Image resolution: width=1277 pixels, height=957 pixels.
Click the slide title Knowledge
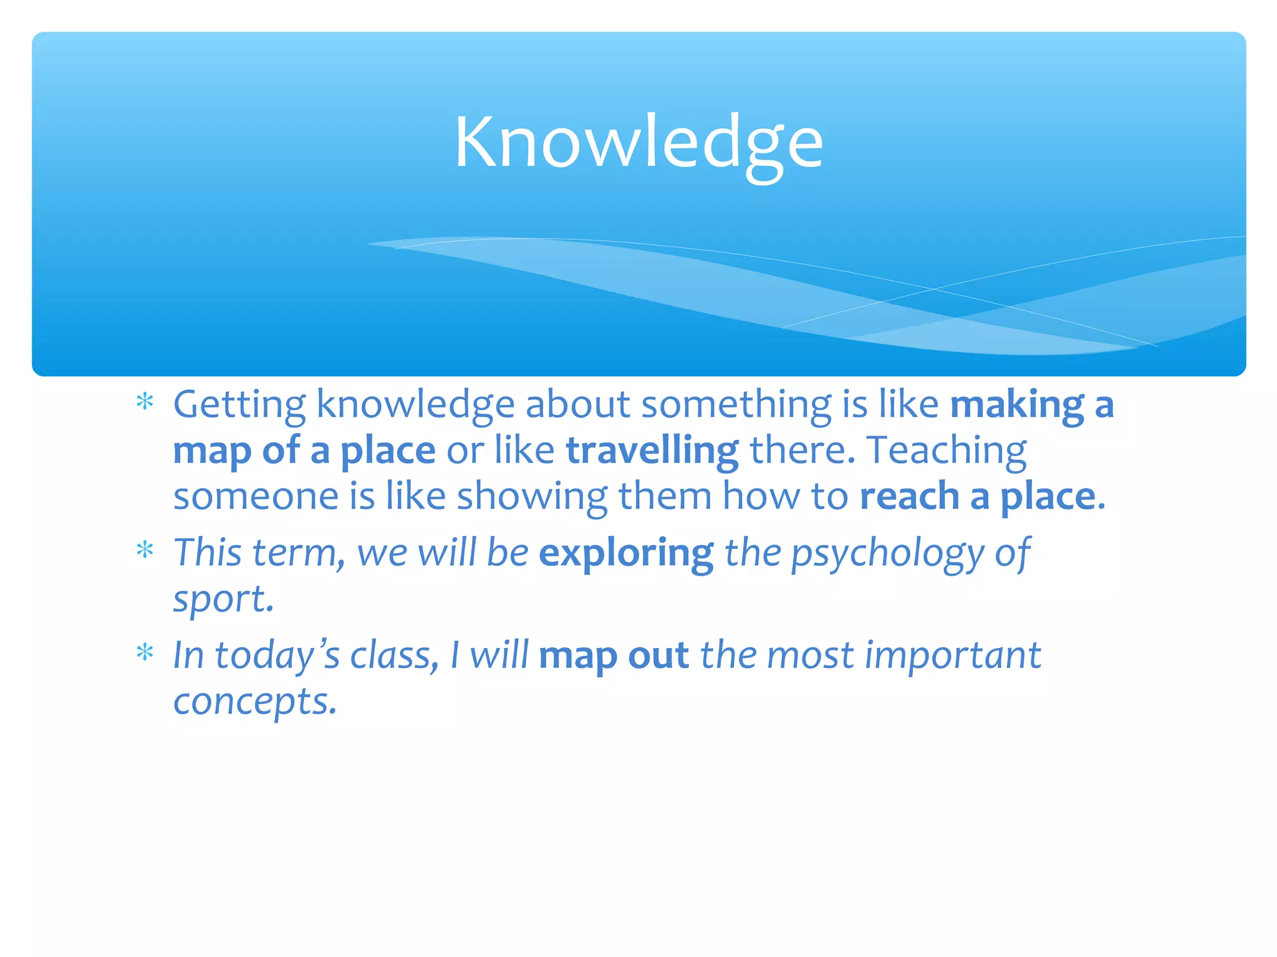[638, 143]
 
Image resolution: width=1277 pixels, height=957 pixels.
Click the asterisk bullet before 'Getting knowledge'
[145, 402]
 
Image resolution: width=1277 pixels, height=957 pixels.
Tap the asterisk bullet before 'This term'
[145, 550]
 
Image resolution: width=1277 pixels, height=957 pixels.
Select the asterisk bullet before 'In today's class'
[145, 653]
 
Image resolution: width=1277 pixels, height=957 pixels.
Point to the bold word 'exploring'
[625, 553]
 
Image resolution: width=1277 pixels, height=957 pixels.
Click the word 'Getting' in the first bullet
[239, 406]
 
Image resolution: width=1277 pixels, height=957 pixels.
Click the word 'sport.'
[223, 600]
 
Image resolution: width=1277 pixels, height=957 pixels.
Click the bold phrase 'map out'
[614, 656]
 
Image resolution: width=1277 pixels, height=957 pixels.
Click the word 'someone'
[256, 497]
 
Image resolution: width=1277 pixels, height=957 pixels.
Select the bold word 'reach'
[909, 497]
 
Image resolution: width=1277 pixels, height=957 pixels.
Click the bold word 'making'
[1016, 406]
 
